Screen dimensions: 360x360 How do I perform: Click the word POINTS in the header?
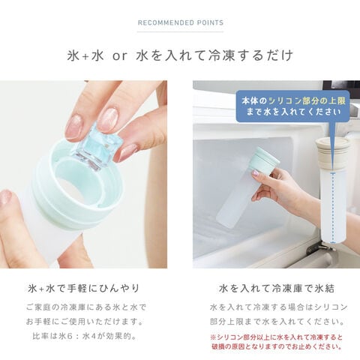click(210, 22)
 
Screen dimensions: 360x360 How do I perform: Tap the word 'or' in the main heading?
click(120, 56)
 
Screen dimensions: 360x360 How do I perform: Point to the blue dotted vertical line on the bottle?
click(333, 208)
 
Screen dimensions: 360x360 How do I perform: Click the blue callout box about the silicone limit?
click(292, 106)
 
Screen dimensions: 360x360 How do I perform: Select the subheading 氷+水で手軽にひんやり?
click(83, 289)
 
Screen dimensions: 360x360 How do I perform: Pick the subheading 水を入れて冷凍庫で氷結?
click(277, 289)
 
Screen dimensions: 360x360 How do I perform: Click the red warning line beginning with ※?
click(276, 337)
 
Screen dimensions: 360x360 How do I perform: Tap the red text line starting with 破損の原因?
click(277, 346)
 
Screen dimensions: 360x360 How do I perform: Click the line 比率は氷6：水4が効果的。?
click(85, 336)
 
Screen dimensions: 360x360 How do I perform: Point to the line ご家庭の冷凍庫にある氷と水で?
click(86, 307)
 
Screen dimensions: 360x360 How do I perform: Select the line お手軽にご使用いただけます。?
click(85, 322)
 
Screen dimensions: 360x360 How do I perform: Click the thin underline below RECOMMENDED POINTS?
click(180, 32)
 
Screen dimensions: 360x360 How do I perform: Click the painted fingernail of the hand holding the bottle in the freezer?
click(255, 172)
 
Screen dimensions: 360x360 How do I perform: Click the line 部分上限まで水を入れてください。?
click(277, 322)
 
